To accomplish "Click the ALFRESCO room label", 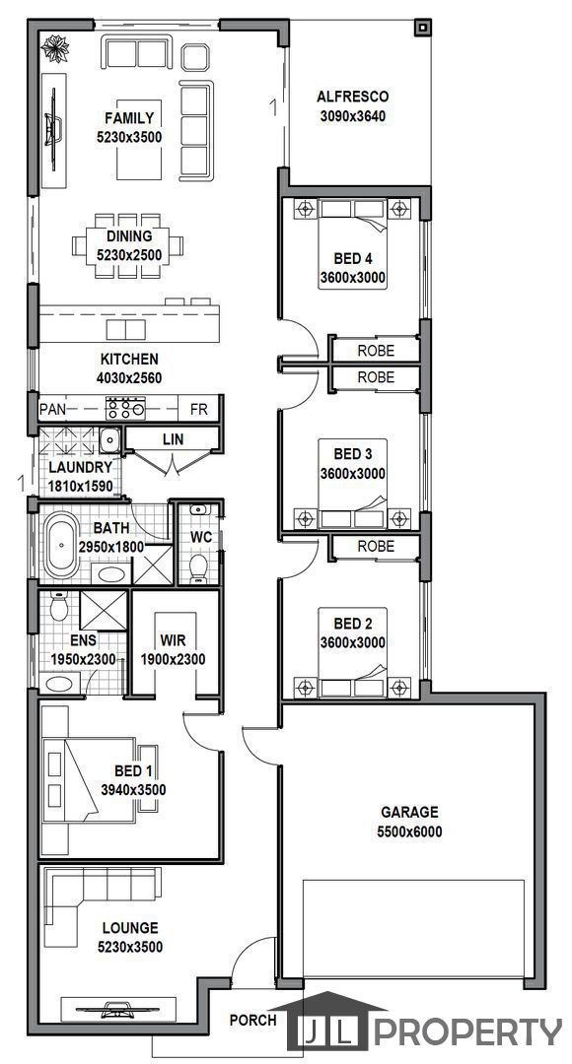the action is pyautogui.click(x=353, y=97).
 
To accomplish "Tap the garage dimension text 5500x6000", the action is pyautogui.click(x=409, y=831).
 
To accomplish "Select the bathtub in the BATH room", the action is pyautogui.click(x=62, y=544).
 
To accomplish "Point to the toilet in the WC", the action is pyautogui.click(x=198, y=566).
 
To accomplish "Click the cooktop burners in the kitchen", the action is pyautogui.click(x=125, y=409).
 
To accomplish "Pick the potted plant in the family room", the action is pyautogui.click(x=55, y=48).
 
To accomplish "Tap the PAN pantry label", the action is pyautogui.click(x=52, y=409).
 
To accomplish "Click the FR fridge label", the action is pyautogui.click(x=198, y=409).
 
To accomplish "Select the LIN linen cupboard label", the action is pyautogui.click(x=173, y=439).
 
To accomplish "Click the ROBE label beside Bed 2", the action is pyautogui.click(x=376, y=546).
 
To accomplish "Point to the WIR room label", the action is pyautogui.click(x=174, y=640).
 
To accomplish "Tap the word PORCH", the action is pyautogui.click(x=252, y=1020).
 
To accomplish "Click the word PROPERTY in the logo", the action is pyautogui.click(x=468, y=1032).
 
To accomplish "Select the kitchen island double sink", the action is pyautogui.click(x=125, y=330).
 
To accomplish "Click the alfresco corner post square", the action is pyautogui.click(x=422, y=28).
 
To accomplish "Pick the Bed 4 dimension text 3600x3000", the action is pyautogui.click(x=353, y=277).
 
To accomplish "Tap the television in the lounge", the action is pyautogui.click(x=118, y=1010).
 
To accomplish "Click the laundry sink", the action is pyautogui.click(x=109, y=441).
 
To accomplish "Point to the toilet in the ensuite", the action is pyautogui.click(x=59, y=606).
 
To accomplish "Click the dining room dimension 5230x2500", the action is pyautogui.click(x=129, y=256).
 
